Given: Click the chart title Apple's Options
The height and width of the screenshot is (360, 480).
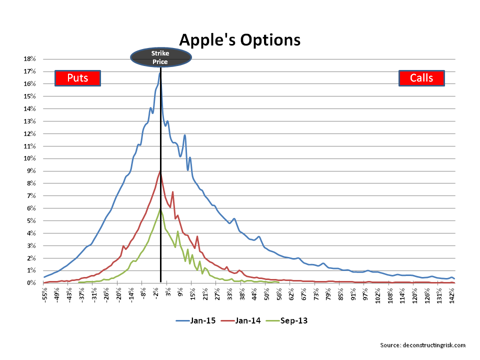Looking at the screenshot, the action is (239, 40).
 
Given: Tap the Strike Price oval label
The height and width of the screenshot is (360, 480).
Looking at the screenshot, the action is (160, 57).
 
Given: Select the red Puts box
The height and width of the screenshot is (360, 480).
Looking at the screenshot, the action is (78, 78).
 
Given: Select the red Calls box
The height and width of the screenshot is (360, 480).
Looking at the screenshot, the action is (421, 78).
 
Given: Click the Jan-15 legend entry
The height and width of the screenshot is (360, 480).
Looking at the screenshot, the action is (195, 320).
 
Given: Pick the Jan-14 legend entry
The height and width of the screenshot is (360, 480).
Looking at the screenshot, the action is (241, 320).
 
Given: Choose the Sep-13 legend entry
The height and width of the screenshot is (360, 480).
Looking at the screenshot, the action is (286, 320).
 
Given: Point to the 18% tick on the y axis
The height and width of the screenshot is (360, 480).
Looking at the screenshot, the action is (29, 59).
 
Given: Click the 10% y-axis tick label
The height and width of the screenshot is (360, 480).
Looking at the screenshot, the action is (29, 158).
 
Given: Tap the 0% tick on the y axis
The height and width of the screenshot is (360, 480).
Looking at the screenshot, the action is (31, 283).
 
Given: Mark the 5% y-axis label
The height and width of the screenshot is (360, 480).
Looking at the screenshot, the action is (31, 220).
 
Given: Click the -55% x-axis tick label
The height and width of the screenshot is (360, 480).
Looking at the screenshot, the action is (44, 295).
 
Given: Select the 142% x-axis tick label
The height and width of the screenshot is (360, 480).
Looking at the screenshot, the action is (451, 295).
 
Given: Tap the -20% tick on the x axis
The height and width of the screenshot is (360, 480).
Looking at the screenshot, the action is (118, 295).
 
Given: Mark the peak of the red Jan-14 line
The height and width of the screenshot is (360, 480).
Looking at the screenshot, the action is (160, 171).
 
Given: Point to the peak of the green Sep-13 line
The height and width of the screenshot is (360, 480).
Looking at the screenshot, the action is (160, 209).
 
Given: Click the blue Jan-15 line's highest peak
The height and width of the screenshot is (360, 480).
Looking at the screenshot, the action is (160, 73).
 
